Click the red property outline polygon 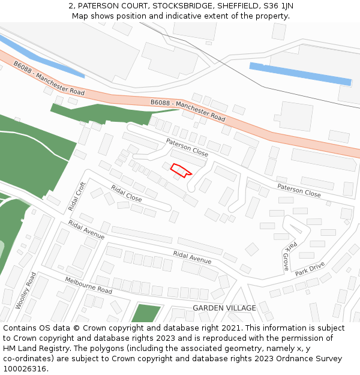point(180,170)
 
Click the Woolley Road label point(26,291)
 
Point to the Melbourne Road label point(88,286)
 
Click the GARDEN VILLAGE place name point(224,308)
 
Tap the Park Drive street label point(310,268)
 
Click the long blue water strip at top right point(300,74)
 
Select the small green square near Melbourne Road point(146,313)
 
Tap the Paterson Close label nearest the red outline point(187,148)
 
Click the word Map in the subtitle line point(80,16)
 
